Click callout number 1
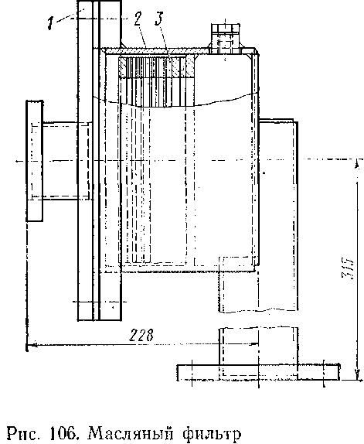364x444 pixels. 51,23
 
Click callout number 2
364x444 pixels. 138,19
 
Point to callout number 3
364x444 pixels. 159,19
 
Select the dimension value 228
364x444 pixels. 141,335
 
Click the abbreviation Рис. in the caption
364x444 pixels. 24,434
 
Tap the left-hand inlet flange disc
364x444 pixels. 35,161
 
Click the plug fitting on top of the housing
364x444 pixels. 226,39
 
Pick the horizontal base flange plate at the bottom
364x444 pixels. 258,373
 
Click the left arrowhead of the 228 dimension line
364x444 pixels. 30,345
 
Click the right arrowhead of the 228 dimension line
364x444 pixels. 254,344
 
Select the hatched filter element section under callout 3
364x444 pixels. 157,67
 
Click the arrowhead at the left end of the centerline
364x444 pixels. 19,161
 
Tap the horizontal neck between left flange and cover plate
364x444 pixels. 60,161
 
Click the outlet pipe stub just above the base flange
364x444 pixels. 258,346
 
